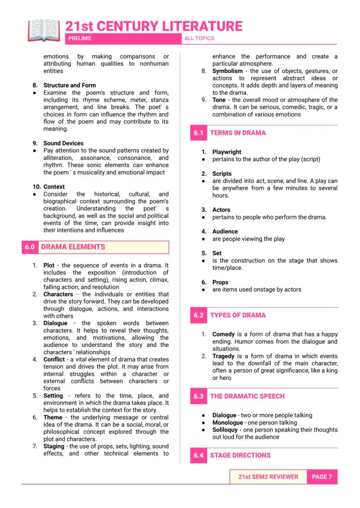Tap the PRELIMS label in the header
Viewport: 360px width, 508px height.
[x=80, y=39]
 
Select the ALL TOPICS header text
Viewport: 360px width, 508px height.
[x=199, y=39]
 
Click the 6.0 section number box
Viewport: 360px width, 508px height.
[x=30, y=247]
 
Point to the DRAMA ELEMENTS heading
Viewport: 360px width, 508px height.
[x=73, y=247]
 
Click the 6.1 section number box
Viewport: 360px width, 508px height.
[x=198, y=133]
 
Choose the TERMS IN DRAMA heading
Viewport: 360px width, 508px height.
[x=238, y=133]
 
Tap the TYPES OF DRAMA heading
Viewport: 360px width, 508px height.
[x=238, y=315]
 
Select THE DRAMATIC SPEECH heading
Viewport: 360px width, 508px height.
[x=247, y=396]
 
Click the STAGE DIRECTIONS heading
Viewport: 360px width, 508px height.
[x=240, y=455]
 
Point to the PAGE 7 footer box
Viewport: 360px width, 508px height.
[x=322, y=477]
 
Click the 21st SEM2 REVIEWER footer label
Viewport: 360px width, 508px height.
[x=268, y=477]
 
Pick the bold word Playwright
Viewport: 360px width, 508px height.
[x=227, y=152]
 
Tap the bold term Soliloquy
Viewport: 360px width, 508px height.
[x=225, y=430]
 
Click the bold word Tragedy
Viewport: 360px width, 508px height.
[x=223, y=356]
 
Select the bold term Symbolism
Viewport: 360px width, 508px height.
[x=227, y=71]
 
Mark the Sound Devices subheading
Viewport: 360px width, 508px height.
[x=63, y=143]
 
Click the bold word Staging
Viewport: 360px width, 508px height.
[x=55, y=446]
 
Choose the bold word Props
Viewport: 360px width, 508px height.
[x=220, y=282]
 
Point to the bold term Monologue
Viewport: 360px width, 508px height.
[x=227, y=422]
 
